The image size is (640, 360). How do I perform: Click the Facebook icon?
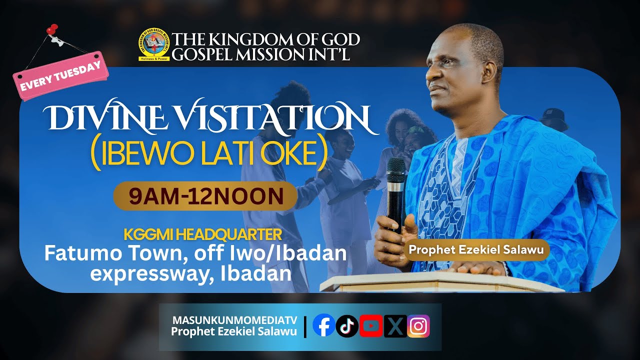pyautogui.click(x=323, y=326)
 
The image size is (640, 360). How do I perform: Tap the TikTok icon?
pyautogui.click(x=347, y=326)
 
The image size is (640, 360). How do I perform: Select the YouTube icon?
pyautogui.click(x=371, y=326)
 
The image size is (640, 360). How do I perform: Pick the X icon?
pyautogui.click(x=395, y=326)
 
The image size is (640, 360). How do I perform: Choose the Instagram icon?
pyautogui.click(x=418, y=326)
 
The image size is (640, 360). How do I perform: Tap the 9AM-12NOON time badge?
pyautogui.click(x=206, y=196)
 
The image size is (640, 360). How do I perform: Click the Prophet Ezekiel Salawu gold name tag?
pyautogui.click(x=476, y=249)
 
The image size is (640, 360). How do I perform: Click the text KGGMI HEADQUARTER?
pyautogui.click(x=202, y=234)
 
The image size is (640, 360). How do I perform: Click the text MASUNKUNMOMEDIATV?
pyautogui.click(x=234, y=320)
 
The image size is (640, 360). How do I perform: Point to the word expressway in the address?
pyautogui.click(x=147, y=273)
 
